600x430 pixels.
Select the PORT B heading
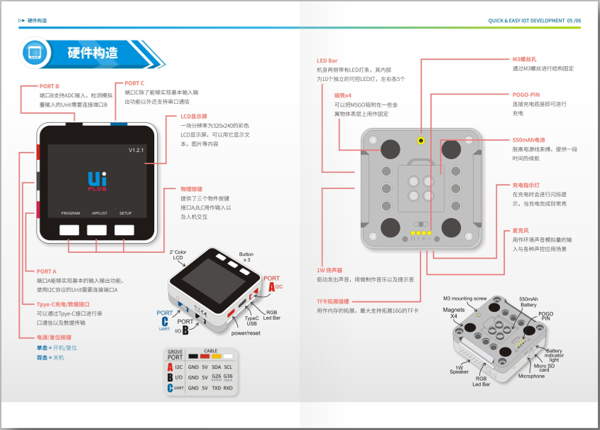click(x=50, y=86)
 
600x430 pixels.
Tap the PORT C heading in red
click(x=134, y=83)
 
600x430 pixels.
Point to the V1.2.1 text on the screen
click(x=136, y=151)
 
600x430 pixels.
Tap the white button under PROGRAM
click(x=70, y=230)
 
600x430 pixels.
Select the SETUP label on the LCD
click(x=125, y=213)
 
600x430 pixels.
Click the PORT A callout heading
click(x=46, y=271)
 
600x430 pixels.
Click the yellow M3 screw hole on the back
click(x=421, y=141)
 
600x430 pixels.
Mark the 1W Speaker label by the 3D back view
click(x=459, y=370)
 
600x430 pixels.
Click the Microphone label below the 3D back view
click(x=532, y=376)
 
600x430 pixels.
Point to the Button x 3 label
click(x=246, y=257)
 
